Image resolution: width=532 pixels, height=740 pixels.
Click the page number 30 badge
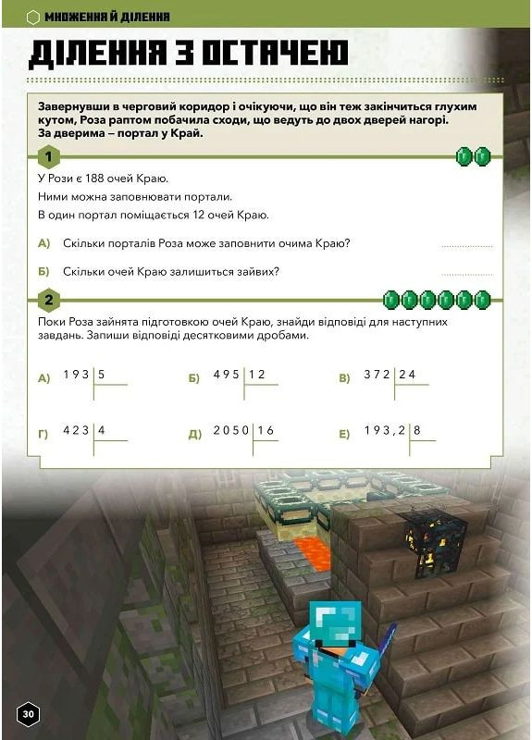tap(28, 713)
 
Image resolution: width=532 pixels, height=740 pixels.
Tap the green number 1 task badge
tap(47, 157)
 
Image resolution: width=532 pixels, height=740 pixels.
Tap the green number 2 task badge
tap(47, 299)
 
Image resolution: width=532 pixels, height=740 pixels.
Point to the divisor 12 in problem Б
tap(257, 375)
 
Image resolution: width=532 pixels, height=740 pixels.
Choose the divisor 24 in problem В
tap(408, 375)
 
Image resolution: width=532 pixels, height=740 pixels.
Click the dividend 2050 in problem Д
tap(231, 430)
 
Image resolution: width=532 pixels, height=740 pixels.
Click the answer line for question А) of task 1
tap(467, 246)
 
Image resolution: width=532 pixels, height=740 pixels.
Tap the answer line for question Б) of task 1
tap(467, 274)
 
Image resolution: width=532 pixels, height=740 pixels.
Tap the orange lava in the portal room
tap(309, 554)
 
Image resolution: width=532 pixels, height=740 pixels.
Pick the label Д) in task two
tap(194, 433)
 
